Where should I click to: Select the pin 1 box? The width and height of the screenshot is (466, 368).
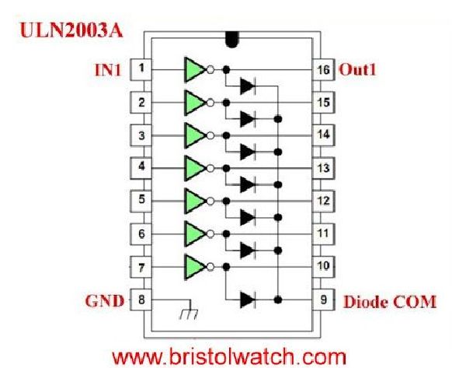(x=141, y=68)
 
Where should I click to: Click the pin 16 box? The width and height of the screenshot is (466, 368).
(x=322, y=68)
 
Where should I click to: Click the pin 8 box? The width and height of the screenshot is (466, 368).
(x=141, y=299)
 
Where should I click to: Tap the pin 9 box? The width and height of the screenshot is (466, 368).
(x=322, y=299)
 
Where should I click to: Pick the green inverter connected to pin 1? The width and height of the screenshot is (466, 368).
(x=193, y=68)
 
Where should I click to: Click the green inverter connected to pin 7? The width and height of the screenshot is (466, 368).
(x=193, y=266)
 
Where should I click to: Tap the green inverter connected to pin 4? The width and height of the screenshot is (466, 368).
(x=193, y=167)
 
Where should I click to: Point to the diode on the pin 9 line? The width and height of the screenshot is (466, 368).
(x=248, y=299)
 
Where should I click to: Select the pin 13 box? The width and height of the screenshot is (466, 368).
(x=322, y=167)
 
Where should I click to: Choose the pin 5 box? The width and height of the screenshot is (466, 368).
(x=141, y=200)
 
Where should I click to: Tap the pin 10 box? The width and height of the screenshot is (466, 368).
(x=322, y=266)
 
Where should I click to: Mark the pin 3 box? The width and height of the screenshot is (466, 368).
(x=141, y=135)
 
